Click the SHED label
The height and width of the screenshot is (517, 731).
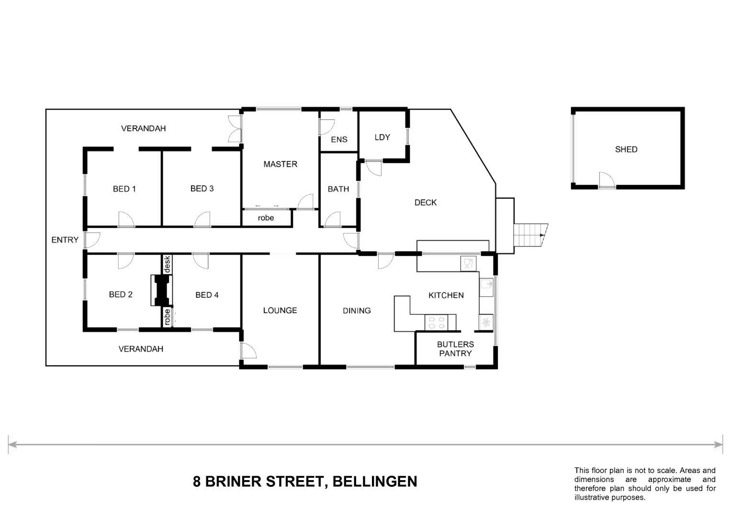626,149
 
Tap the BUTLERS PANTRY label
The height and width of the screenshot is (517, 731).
455,349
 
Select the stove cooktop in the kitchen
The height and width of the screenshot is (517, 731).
436,323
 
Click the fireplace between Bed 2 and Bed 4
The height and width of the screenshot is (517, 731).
161,290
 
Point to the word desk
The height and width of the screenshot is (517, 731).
167,264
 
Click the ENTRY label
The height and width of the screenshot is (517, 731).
65,240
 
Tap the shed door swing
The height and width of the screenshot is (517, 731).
607,180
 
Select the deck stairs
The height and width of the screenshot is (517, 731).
530,235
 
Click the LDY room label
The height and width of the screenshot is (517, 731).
382,137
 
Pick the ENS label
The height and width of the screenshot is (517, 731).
339,139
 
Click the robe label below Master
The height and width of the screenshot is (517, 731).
266,218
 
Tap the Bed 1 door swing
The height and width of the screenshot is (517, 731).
126,219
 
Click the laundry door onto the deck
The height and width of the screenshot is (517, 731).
374,168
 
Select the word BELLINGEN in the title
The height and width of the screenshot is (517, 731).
375,482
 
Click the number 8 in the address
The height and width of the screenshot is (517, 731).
196,482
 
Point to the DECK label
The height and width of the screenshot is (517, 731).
425,202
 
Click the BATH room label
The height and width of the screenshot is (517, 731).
338,189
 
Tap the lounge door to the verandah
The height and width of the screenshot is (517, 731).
248,350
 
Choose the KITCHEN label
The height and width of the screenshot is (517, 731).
446,295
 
